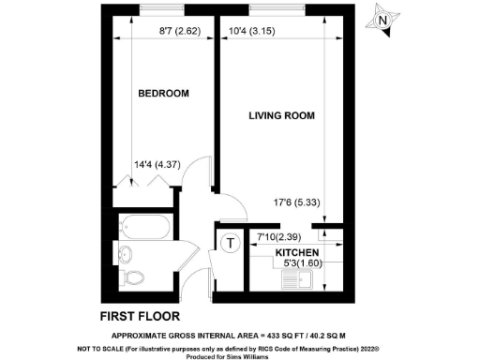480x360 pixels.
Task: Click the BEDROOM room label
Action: point(164,94)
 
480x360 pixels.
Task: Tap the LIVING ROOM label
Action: point(281,116)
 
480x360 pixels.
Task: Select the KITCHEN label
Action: point(297,254)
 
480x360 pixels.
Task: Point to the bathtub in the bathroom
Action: point(146,227)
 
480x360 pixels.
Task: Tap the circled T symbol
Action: point(229,243)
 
